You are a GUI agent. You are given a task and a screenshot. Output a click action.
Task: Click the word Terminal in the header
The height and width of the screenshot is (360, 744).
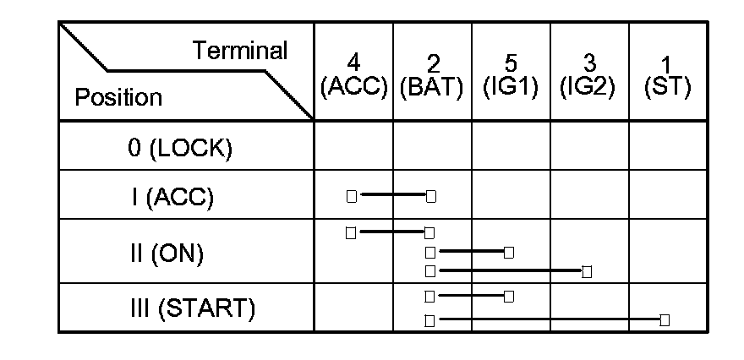point(241,51)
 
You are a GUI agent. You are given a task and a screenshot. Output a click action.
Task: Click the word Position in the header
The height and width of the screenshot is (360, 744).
point(118,97)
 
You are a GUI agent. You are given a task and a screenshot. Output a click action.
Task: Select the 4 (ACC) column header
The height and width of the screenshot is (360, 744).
point(353,74)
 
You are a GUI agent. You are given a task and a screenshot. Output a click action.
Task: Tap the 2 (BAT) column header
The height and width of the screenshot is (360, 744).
point(433,74)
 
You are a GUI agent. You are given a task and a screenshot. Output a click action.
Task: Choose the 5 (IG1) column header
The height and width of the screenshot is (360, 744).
point(511,74)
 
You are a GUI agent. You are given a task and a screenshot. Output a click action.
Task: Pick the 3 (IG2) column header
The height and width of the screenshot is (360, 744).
point(589,74)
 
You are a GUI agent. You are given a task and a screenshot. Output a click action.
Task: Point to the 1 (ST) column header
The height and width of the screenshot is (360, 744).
point(667,74)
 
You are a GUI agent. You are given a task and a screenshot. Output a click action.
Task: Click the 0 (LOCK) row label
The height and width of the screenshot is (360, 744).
point(179,147)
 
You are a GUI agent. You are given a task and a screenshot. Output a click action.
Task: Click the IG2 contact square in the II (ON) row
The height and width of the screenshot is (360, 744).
point(587,271)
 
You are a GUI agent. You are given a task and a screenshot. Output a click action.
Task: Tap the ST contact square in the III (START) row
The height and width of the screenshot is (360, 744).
point(665,319)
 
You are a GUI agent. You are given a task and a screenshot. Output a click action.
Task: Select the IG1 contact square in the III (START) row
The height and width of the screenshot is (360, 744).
point(508,296)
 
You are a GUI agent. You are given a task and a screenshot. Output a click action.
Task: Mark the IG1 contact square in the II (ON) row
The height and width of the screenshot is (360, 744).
point(508,252)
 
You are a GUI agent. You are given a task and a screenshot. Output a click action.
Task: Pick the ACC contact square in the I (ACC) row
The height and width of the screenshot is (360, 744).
point(352,196)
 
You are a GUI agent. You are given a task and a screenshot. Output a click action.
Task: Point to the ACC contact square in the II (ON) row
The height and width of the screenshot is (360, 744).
point(351,232)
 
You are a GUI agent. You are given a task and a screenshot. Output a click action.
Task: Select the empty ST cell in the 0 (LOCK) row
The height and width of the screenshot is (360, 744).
point(668,146)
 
